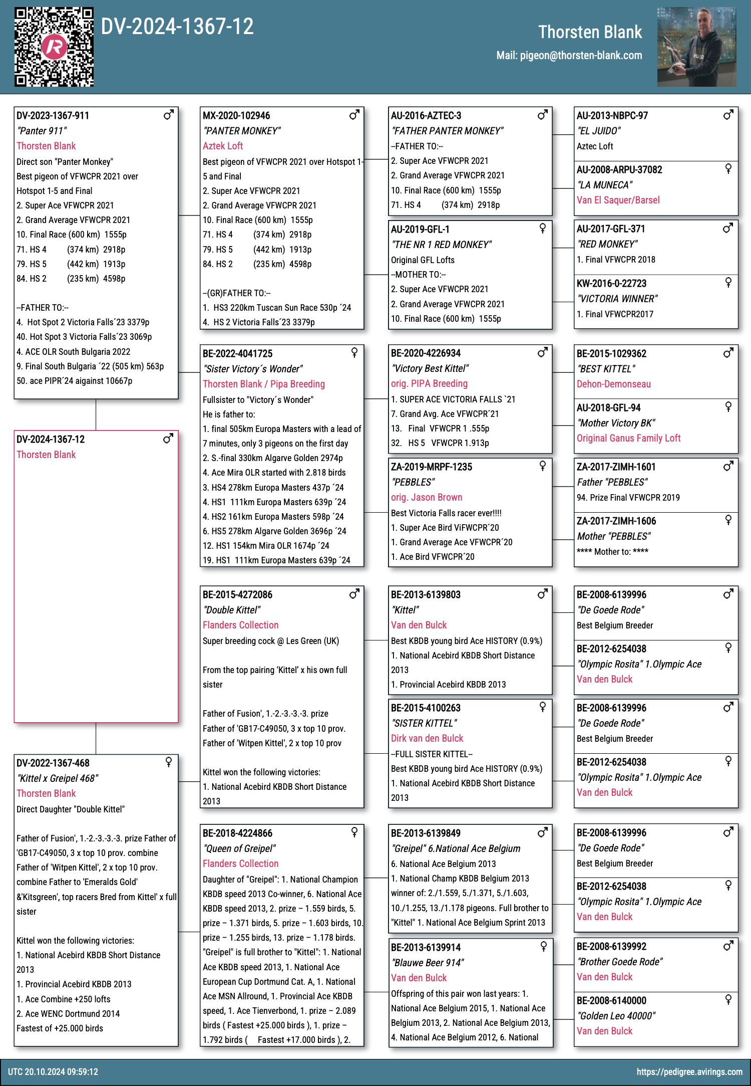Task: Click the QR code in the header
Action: (54, 47)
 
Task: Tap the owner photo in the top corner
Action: (696, 47)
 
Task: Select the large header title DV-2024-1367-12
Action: (177, 27)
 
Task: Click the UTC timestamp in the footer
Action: (53, 1072)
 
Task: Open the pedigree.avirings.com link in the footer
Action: (689, 1072)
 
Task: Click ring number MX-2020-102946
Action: (236, 116)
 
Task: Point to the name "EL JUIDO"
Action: (599, 131)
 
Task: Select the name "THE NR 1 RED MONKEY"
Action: (441, 245)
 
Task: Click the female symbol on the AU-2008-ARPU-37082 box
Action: (728, 169)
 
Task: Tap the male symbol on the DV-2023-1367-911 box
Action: (169, 115)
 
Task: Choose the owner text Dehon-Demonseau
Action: (614, 384)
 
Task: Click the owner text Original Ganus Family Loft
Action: (628, 438)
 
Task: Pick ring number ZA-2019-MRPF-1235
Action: (432, 467)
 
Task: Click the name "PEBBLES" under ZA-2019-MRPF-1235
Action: (413, 482)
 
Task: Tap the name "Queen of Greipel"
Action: (239, 848)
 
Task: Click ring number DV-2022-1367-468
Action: (53, 763)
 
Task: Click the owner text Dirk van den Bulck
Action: (427, 738)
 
